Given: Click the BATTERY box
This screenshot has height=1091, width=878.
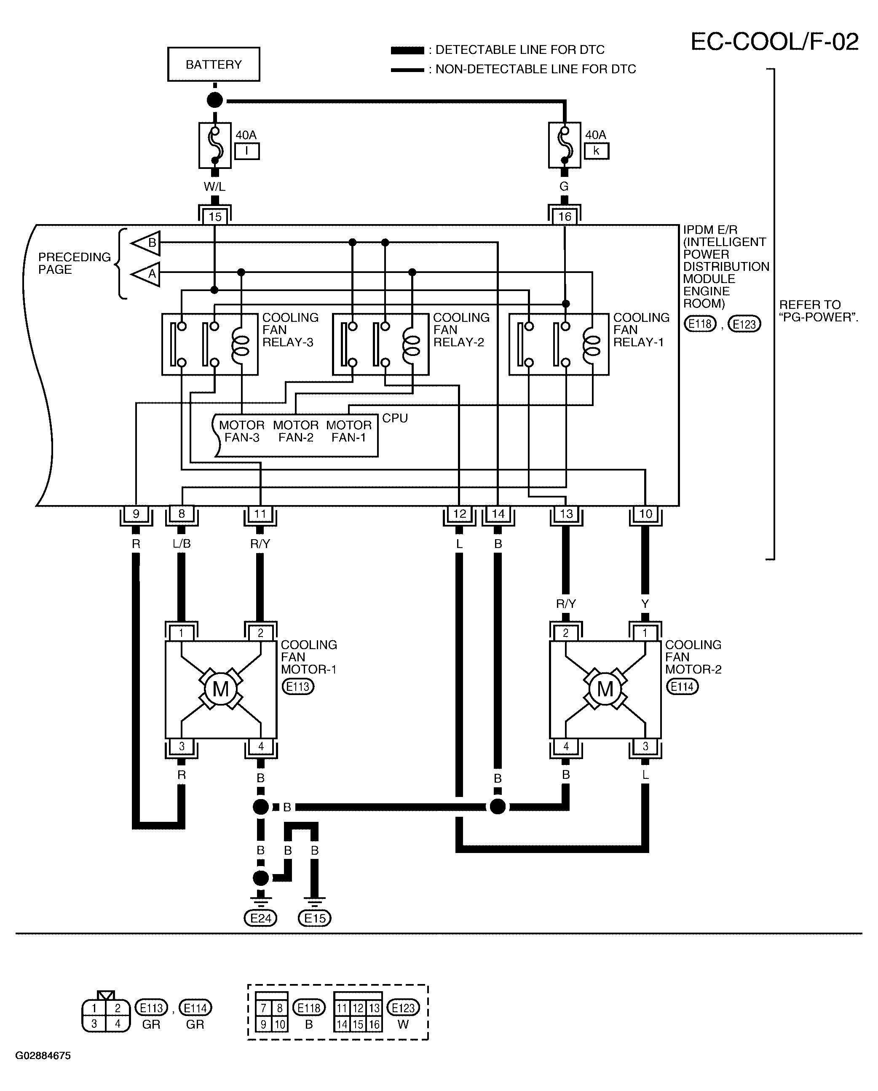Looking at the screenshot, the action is coord(214,64).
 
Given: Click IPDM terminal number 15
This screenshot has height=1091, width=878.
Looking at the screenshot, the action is coord(215,217).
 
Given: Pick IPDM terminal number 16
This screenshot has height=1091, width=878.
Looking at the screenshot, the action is coord(565,217).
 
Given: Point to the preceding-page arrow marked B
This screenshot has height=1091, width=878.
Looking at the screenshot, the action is coord(146,243).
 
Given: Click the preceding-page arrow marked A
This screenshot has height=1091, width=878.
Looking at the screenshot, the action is coord(146,274).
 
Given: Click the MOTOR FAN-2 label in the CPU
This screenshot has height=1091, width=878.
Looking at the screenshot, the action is coord(296,431).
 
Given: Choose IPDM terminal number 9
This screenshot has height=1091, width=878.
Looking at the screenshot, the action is coord(136,514).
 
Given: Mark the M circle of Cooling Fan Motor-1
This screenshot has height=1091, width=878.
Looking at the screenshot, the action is coord(221,689).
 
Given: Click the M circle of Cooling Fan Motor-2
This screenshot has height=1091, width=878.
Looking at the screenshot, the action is coord(605,689).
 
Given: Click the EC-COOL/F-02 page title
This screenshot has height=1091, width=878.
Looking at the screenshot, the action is coord(775,42).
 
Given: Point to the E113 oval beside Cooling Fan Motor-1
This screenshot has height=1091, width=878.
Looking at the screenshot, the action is coord(298,687).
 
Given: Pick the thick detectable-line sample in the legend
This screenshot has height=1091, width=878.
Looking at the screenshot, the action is coord(407,50).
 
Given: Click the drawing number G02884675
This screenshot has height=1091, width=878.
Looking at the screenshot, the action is coord(43,1056).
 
